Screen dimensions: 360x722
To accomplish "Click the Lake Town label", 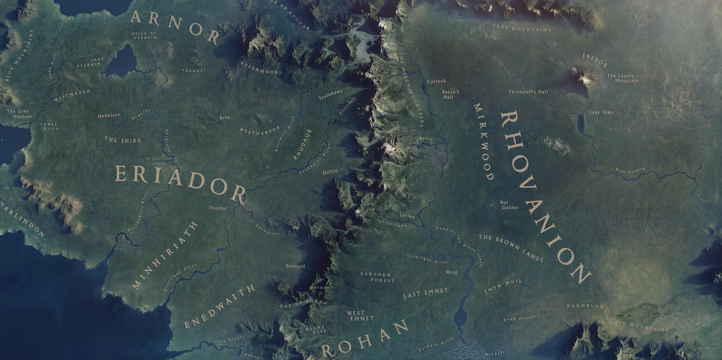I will tap(601, 112).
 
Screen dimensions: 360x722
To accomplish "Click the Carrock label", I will tap(436, 81).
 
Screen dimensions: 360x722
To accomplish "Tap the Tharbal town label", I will tap(218, 208).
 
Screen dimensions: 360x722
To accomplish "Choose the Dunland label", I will tap(295, 266).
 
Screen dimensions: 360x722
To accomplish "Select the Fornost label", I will tap(194, 71).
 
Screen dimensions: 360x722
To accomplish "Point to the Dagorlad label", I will tap(585, 306).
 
